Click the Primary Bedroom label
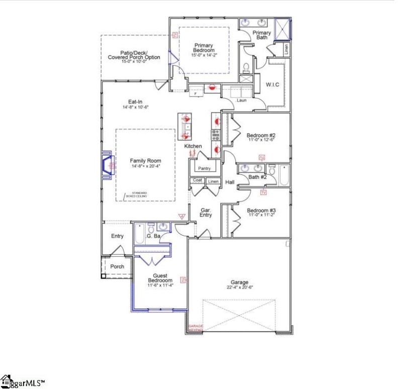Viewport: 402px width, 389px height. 205,48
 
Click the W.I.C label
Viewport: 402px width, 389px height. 272,84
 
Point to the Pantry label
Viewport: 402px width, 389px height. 204,168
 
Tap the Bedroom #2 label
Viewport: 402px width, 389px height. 260,135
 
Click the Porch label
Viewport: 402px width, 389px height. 117,266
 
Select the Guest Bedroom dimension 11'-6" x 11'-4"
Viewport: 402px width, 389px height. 160,285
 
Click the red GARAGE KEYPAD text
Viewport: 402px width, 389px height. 195,328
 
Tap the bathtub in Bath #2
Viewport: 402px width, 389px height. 284,175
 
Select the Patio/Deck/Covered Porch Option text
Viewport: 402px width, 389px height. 134,55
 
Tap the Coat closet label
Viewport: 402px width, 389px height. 197,180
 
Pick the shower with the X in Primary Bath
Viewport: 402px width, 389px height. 282,29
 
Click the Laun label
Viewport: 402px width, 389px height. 241,100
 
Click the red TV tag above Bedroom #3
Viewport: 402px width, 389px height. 263,192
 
